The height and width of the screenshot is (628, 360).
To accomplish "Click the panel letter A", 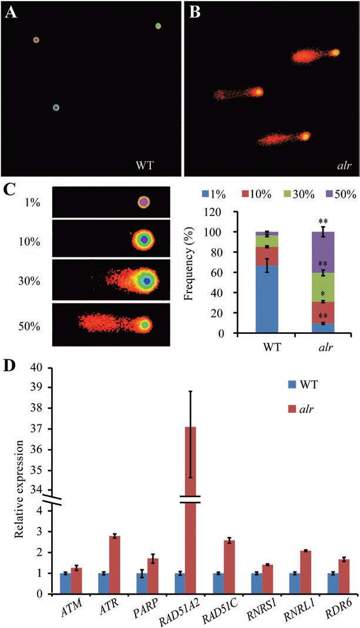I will [x=10, y=12].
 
